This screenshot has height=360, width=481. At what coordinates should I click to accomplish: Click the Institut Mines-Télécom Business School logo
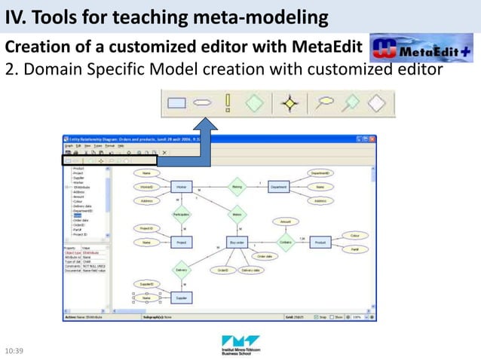pos(240,345)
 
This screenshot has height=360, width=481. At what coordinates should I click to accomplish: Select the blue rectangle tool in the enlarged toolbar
pos(176,103)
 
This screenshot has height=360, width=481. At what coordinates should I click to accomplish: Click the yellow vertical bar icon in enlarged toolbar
pos(227,103)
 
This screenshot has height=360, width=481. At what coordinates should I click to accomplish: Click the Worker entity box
pos(182,188)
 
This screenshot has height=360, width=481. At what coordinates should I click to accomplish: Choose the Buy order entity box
pos(237,243)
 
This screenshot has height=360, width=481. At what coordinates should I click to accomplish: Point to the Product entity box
pos(320,243)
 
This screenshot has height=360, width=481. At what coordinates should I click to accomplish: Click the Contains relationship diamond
pos(285,243)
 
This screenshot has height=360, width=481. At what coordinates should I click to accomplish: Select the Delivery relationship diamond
pos(182,270)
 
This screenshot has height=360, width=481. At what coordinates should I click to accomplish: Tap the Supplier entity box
pos(182,298)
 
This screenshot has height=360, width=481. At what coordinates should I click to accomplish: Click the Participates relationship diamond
pos(181,215)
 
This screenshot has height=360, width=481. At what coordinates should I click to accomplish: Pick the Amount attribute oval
pos(286,222)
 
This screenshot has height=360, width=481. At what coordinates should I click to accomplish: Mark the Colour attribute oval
pos(354,236)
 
